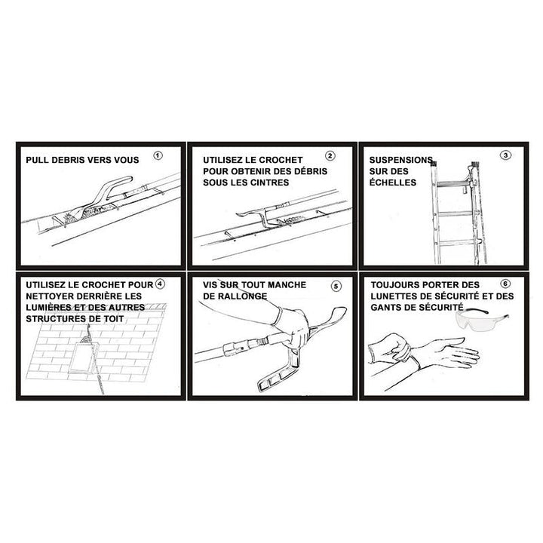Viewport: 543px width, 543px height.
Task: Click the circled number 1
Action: tap(158, 156)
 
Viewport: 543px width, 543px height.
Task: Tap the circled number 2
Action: tap(330, 156)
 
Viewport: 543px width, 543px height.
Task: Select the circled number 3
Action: tap(505, 155)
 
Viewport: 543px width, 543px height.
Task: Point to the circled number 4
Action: tap(160, 284)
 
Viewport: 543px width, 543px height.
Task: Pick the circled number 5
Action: tap(336, 286)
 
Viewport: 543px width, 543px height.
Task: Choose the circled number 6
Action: tap(505, 284)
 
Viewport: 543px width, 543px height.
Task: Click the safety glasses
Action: tap(481, 320)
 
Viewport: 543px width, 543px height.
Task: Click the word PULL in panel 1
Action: tap(37, 160)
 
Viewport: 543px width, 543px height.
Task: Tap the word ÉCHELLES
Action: tap(392, 183)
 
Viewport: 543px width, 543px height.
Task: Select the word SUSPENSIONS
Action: tap(401, 160)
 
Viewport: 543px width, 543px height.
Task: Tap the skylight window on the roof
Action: tap(82, 357)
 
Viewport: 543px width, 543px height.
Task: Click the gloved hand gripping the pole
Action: tap(293, 327)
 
